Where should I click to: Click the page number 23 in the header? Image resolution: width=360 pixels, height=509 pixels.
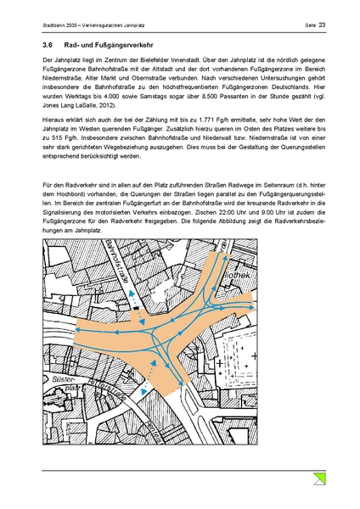[x=323, y=25]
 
